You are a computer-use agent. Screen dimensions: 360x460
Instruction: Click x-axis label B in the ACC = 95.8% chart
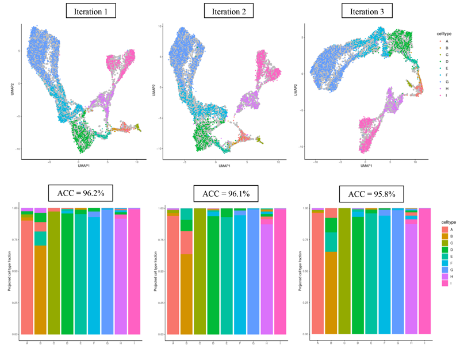pos(331,343)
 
